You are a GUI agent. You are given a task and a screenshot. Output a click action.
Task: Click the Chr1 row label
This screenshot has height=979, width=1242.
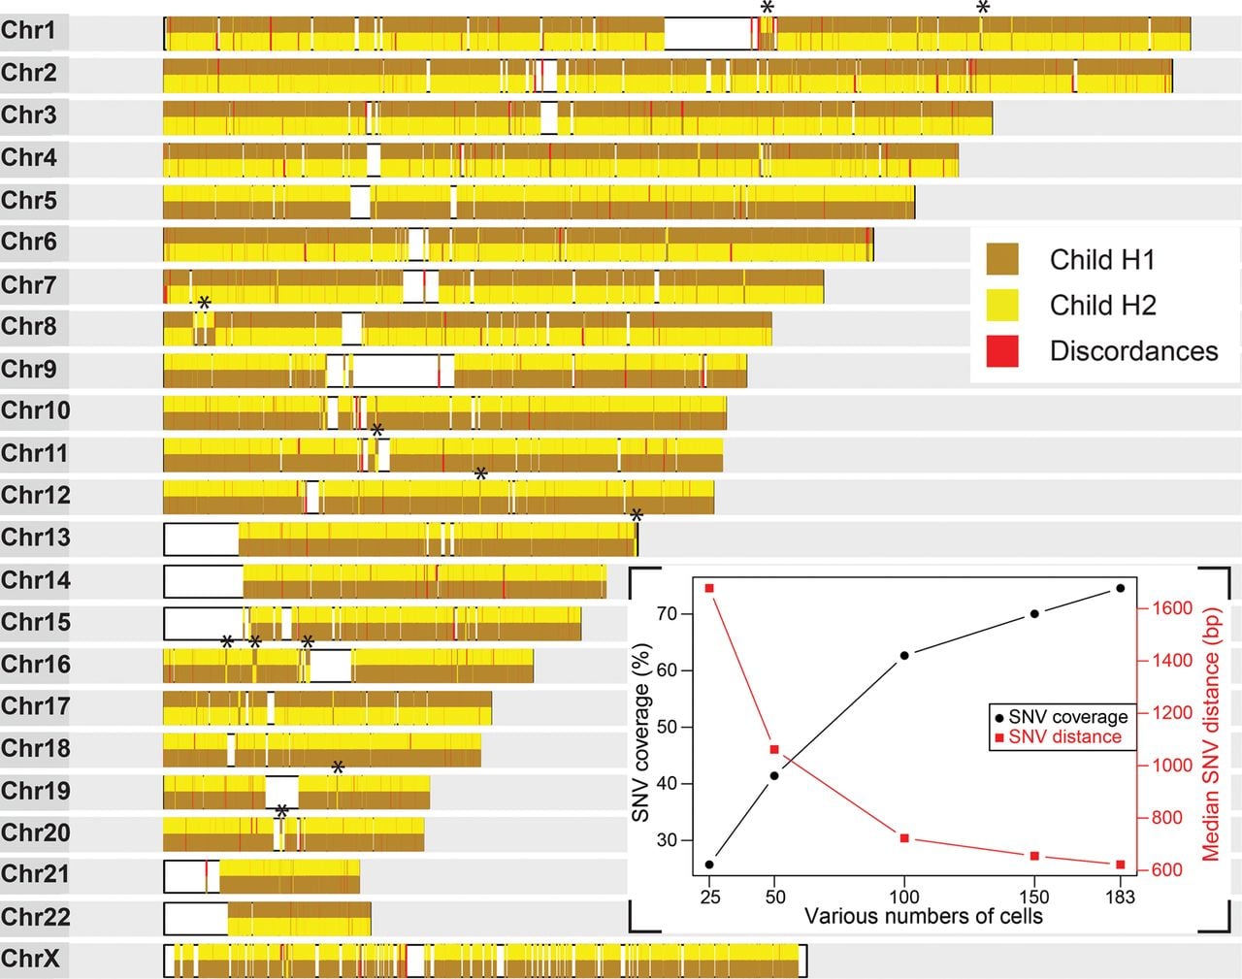28,31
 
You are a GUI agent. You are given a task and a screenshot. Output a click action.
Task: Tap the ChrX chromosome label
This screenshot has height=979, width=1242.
30,959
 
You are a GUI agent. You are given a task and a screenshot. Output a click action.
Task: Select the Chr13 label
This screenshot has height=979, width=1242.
35,538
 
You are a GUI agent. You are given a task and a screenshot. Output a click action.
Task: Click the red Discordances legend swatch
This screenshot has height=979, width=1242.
1002,351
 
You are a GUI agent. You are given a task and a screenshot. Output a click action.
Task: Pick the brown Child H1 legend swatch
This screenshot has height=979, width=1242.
1002,259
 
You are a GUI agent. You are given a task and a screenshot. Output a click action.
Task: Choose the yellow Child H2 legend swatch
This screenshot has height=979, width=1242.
1002,305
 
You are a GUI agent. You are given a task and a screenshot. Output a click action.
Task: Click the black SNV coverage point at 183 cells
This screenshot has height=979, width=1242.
1121,588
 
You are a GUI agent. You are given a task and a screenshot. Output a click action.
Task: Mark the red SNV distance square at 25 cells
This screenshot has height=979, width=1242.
709,588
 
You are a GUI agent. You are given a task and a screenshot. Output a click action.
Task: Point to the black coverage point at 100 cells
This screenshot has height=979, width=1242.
904,656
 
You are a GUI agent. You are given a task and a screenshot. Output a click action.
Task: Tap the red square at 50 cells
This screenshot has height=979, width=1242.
774,749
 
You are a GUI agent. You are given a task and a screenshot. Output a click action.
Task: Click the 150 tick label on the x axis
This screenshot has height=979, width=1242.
1034,897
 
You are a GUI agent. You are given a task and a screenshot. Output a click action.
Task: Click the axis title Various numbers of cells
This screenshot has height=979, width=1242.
924,916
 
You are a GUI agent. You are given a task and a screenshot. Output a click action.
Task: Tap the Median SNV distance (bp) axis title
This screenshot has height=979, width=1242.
1211,734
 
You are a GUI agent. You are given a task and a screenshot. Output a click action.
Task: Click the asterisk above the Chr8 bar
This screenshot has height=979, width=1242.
205,303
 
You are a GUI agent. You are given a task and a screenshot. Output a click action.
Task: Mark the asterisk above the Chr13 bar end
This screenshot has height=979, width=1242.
637,515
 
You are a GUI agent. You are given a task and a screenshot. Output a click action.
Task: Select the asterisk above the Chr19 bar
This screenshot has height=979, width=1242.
339,767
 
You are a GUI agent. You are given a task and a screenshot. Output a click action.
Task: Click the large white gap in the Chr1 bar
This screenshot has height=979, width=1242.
707,34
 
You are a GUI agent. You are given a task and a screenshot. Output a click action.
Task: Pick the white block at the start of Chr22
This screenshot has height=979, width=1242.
196,919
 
